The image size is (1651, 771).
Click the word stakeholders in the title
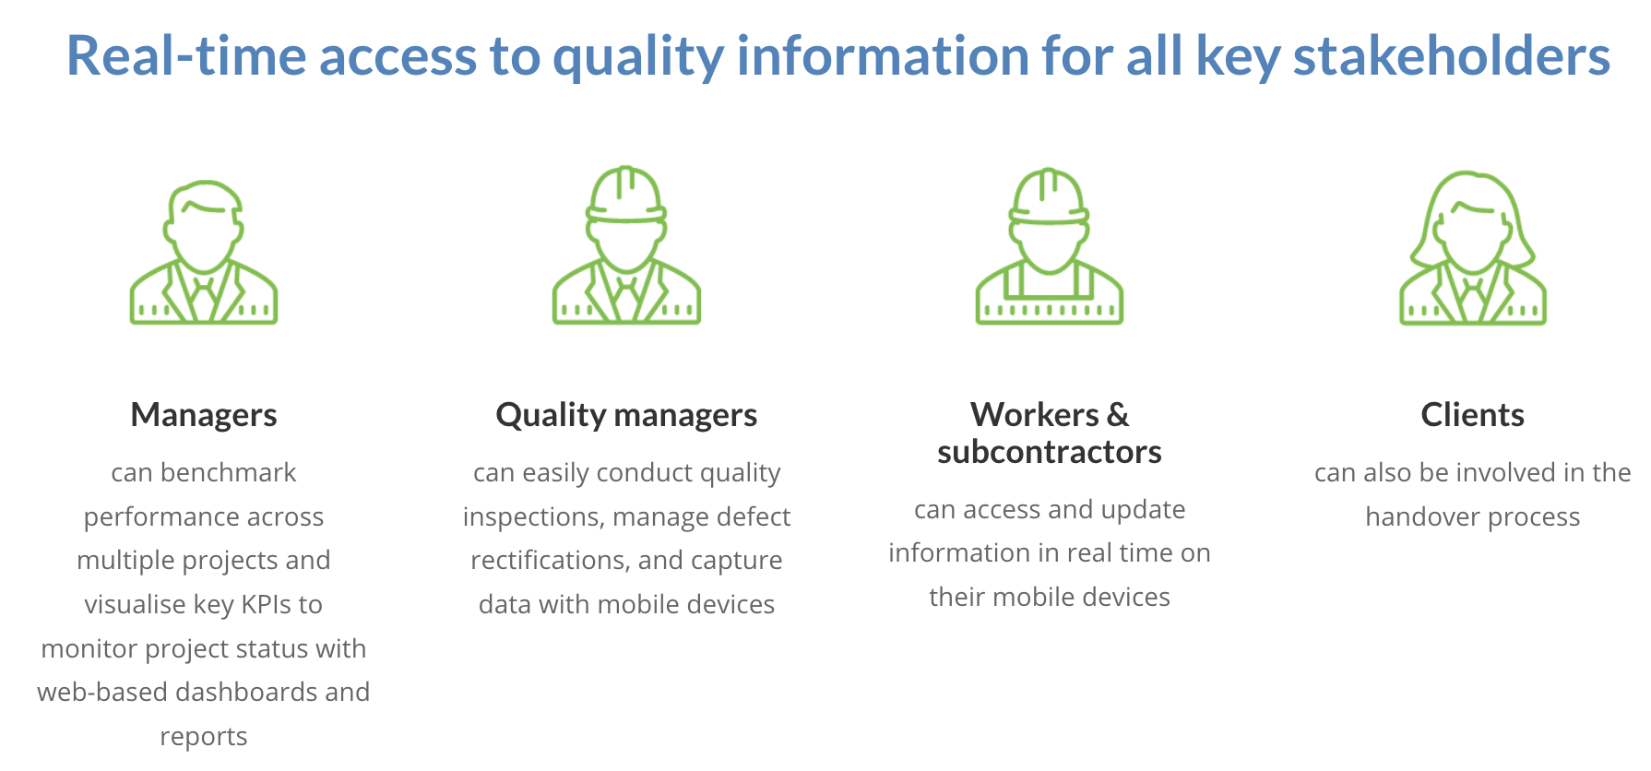1452,55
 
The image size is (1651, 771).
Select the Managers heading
204,415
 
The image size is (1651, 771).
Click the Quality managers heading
626,416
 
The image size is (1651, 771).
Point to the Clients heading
1472,415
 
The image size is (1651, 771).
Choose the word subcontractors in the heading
1050,452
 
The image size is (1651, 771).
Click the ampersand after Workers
1118,415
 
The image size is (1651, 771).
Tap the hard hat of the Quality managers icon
627,196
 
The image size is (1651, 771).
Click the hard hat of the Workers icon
1050,197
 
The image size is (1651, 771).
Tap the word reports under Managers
204,737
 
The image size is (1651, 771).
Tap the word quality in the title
638,57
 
